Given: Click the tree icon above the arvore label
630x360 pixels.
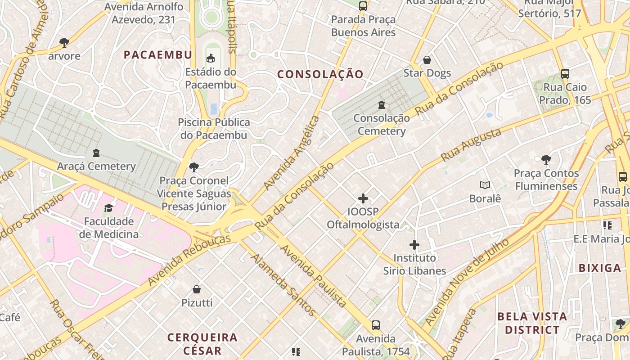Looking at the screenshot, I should (x=64, y=43).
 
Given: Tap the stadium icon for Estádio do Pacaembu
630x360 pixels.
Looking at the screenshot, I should (x=210, y=58).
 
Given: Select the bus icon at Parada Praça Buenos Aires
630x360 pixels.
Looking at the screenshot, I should (x=363, y=6).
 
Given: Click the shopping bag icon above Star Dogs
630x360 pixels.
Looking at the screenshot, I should (x=427, y=60).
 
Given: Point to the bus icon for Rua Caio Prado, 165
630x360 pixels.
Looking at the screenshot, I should (x=565, y=73).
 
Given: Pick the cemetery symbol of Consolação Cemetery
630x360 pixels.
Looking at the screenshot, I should (x=382, y=105).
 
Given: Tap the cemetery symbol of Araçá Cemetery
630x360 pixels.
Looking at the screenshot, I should (x=96, y=153).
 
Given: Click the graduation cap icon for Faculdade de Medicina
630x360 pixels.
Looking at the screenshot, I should (x=108, y=208).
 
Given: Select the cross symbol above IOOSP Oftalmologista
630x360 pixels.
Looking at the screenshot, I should (x=363, y=198).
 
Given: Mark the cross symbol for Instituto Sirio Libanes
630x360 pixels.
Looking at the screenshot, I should (x=414, y=245).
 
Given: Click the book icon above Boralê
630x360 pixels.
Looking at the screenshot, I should (x=485, y=185).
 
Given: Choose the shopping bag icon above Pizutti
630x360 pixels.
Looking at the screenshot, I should (x=197, y=289).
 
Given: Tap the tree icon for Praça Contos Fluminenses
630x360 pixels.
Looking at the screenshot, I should (x=546, y=159).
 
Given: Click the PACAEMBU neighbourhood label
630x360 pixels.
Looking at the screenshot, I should (x=158, y=55).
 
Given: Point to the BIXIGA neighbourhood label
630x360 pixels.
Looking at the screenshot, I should (x=600, y=268).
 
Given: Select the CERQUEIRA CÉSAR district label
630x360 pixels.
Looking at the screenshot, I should (x=202, y=344).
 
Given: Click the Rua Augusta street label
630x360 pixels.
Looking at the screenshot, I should (x=471, y=145).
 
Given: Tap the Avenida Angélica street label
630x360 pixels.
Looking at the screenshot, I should (x=292, y=153).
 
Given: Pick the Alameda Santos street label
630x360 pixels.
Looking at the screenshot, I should (x=283, y=284).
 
